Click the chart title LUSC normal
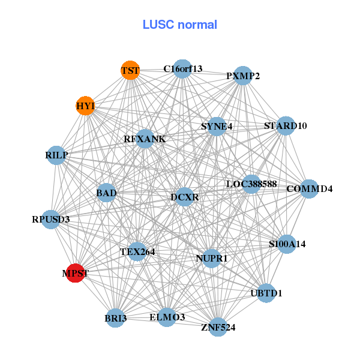pyautogui.click(x=179, y=25)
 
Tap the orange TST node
pyautogui.click(x=130, y=70)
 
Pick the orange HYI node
pyautogui.click(x=86, y=106)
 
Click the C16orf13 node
pyautogui.click(x=183, y=69)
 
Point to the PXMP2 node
pyautogui.click(x=242, y=76)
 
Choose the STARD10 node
pyautogui.click(x=286, y=125)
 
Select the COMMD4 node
pyautogui.click(x=309, y=189)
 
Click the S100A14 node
pyautogui.click(x=287, y=244)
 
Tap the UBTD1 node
pyautogui.click(x=266, y=293)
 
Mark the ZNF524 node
pyautogui.click(x=218, y=327)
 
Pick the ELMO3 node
pyautogui.click(x=167, y=316)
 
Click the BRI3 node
pyautogui.click(x=116, y=317)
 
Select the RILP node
pyautogui.click(x=56, y=155)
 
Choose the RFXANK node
pyautogui.click(x=145, y=139)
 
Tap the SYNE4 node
pyautogui.click(x=217, y=126)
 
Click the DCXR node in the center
pyautogui.click(x=184, y=196)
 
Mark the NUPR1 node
pyautogui.click(x=211, y=258)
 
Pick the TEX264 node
pyautogui.click(x=137, y=251)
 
